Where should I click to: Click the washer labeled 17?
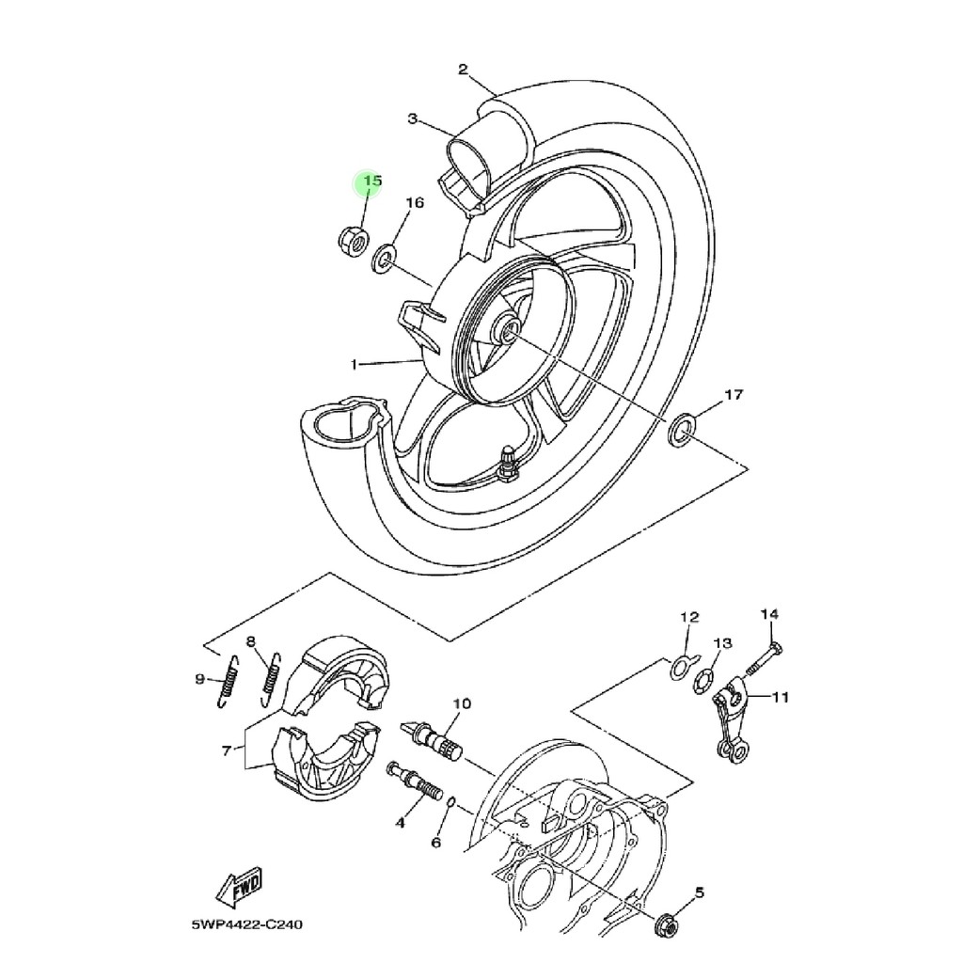pos(681,431)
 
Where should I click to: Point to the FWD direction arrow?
pos(240,890)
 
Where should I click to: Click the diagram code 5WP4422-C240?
pos(247,924)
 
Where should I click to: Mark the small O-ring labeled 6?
pos(450,803)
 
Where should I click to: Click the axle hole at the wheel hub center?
pos(509,332)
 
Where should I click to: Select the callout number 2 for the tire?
pos(463,69)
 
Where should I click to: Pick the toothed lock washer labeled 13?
pos(703,682)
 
